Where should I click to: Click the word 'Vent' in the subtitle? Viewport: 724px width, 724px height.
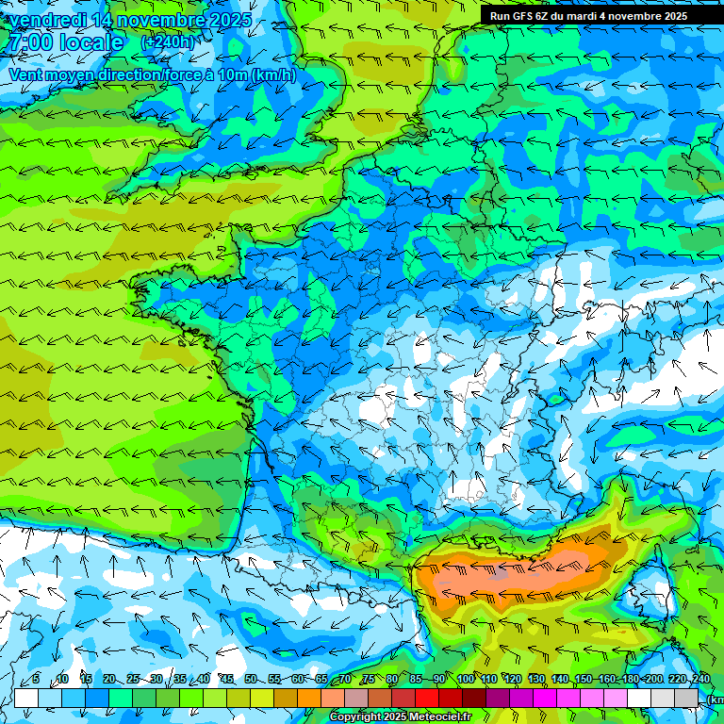[x=27, y=74]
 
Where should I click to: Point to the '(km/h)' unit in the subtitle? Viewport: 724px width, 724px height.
[x=273, y=74]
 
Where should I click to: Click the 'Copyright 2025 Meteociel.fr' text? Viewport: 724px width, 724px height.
[x=400, y=717]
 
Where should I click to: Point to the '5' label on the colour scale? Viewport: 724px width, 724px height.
[x=36, y=680]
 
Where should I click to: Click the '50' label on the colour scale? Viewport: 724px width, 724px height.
[x=250, y=680]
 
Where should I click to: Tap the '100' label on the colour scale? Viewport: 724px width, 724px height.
[x=466, y=680]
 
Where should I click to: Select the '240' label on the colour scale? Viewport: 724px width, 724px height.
[x=700, y=680]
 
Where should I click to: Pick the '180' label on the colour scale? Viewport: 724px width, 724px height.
[x=631, y=680]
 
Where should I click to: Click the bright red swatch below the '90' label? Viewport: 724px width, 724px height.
[x=427, y=698]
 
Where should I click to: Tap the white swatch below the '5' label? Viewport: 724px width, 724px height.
[x=26, y=698]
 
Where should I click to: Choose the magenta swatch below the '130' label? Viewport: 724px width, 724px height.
[x=545, y=698]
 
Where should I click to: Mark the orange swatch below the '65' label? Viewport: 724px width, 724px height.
[x=309, y=698]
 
